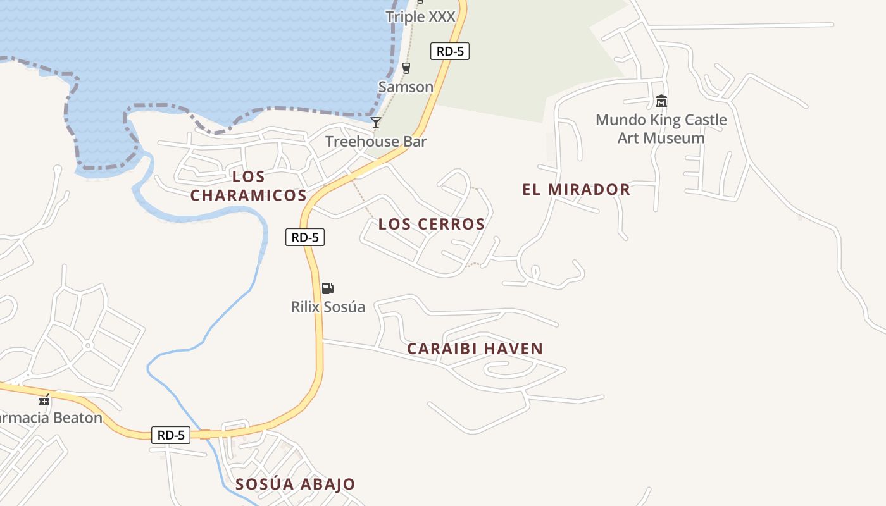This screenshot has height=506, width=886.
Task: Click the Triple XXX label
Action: tap(421, 16)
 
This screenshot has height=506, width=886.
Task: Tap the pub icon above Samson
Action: tap(406, 68)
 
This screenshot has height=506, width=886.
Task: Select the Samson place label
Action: tap(406, 87)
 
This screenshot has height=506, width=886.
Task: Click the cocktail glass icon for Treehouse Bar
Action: tap(376, 122)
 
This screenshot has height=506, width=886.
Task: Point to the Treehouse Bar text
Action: tap(376, 141)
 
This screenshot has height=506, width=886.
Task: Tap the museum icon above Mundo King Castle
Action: tap(661, 101)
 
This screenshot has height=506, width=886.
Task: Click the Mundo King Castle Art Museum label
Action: tap(661, 128)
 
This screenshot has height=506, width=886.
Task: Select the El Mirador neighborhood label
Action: tap(576, 189)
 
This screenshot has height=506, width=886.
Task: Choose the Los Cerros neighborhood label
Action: tap(432, 224)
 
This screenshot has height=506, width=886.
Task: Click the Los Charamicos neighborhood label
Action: tap(248, 186)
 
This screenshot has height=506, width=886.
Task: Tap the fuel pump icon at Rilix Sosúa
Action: tap(328, 288)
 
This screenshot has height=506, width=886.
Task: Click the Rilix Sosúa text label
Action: tap(328, 307)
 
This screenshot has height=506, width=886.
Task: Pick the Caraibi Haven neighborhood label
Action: tap(475, 349)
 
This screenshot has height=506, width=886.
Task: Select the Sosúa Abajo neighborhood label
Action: tap(295, 484)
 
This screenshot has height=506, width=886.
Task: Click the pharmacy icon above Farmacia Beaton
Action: tap(44, 399)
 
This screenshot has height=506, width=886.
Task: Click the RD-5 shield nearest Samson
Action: tap(450, 51)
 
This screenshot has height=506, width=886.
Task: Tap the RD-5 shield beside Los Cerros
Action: tap(305, 237)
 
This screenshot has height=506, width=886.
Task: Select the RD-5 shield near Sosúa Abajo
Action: tap(171, 435)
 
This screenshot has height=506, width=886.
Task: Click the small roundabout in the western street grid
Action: tap(87, 345)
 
